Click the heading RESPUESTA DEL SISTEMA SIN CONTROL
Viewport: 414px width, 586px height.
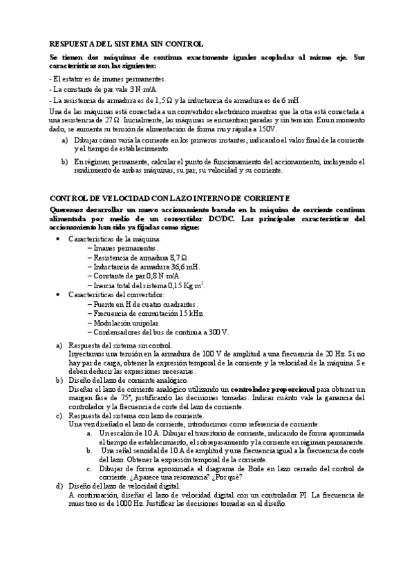pos(126,42)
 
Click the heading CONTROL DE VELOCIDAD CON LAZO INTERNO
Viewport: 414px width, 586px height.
pos(164,198)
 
